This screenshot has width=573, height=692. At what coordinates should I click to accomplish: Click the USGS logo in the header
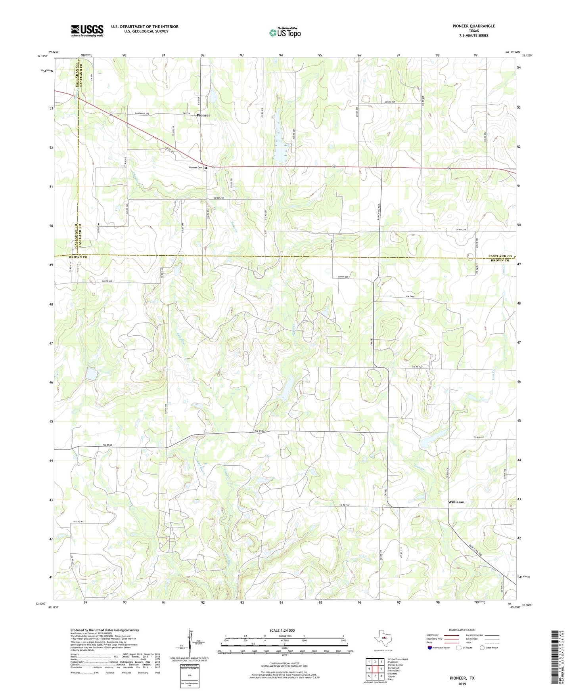click(x=87, y=31)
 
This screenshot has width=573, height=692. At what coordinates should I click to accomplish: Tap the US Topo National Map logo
click(x=284, y=32)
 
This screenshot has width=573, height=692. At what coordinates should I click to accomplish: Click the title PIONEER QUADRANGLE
click(x=473, y=26)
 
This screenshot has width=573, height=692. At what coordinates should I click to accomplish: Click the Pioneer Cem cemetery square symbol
click(x=206, y=168)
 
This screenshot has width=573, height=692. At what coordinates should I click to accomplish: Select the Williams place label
click(x=456, y=502)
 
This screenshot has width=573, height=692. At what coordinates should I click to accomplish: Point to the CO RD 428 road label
click(x=419, y=367)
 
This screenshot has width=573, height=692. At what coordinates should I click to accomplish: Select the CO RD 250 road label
click(x=219, y=198)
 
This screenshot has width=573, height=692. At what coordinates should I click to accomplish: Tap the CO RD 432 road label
click(x=345, y=505)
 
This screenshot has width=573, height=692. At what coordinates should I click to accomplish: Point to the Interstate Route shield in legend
click(x=430, y=648)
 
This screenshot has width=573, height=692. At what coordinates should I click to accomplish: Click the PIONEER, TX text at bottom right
click(x=462, y=678)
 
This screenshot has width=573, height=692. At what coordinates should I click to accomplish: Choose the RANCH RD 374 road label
click(x=142, y=114)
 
